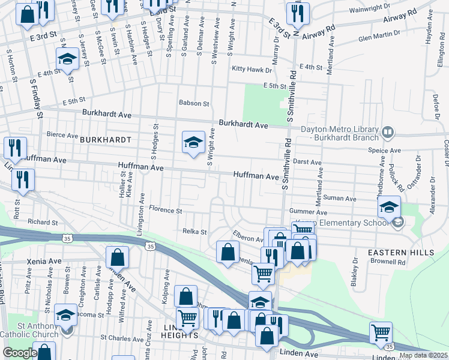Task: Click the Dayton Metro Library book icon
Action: (x=388, y=131)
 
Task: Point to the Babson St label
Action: (x=194, y=103)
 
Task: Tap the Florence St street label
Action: (x=166, y=211)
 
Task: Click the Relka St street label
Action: (x=194, y=231)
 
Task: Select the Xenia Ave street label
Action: (x=43, y=262)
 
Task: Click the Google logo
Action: (x=20, y=353)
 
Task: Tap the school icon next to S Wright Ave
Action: (x=193, y=143)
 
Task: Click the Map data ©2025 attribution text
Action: (x=423, y=355)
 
